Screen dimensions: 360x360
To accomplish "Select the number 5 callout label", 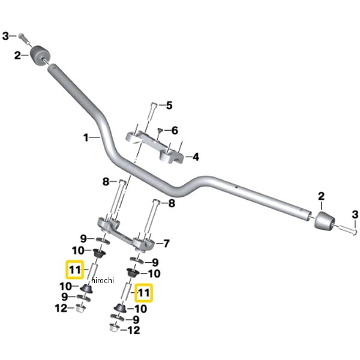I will point(169,106).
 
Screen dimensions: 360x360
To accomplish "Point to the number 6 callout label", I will point(175,130).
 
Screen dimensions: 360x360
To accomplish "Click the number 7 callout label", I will point(166,244).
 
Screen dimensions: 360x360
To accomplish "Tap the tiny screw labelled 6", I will point(160,130).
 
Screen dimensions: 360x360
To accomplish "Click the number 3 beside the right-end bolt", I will point(354,215).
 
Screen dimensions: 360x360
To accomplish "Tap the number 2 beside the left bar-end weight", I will point(18,55).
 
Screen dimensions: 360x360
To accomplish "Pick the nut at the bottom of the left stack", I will point(79,309).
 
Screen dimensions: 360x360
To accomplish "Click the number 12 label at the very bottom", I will point(133,330).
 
